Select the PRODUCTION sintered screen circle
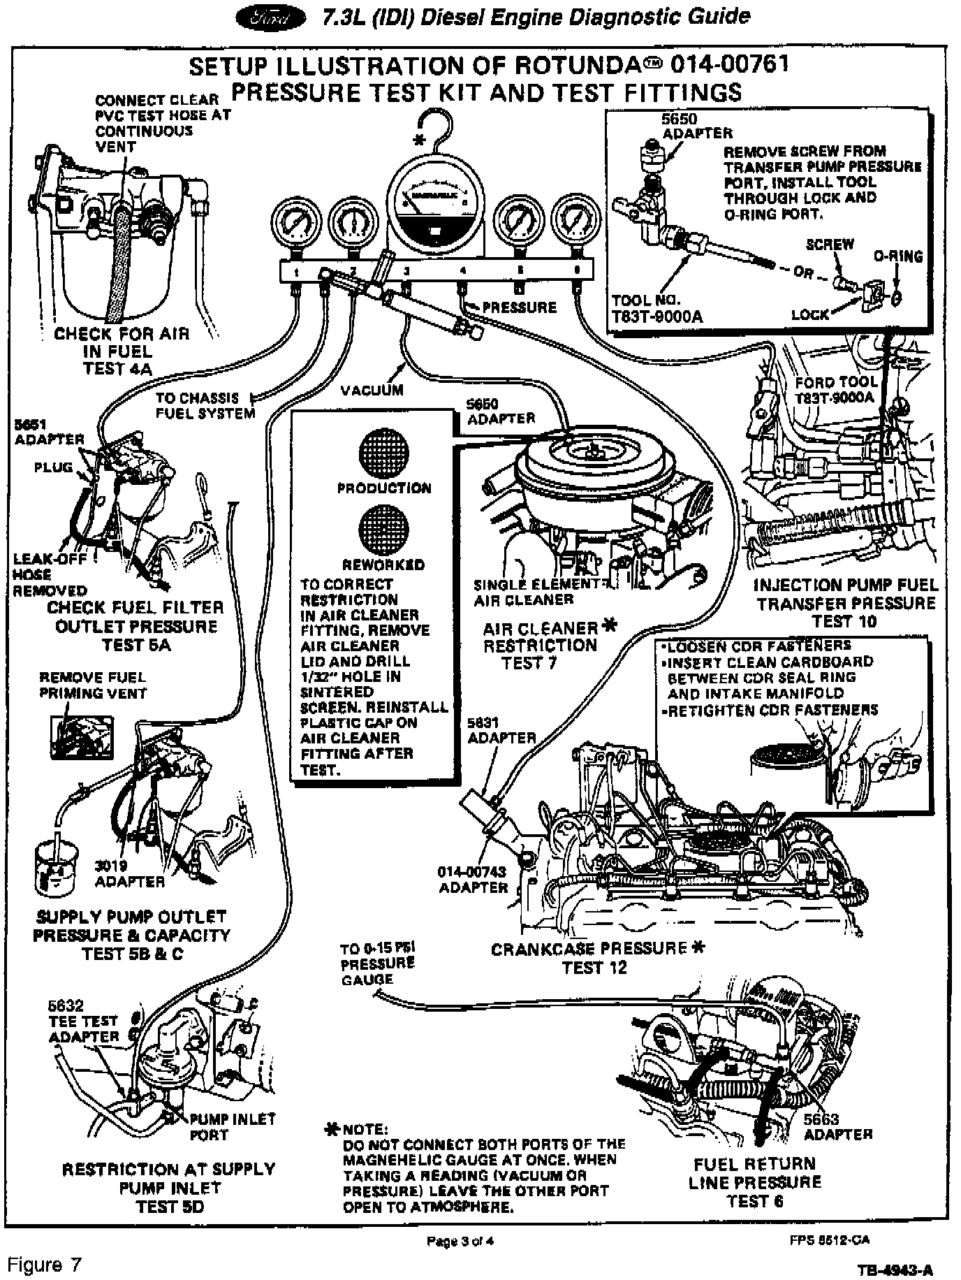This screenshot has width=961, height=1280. coord(383,453)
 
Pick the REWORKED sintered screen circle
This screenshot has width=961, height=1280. coord(383,530)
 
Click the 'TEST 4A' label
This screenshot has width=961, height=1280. coord(117,369)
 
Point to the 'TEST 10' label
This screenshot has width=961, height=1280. coord(845,621)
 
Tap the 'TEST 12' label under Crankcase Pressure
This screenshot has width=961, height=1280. coord(594,968)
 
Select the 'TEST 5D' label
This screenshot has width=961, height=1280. coord(170,1207)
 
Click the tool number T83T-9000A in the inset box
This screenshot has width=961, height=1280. coord(656,309)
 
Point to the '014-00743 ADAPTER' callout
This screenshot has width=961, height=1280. coord(473,880)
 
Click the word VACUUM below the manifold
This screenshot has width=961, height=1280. coord(372,391)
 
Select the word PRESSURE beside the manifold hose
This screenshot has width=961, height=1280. coord(519,307)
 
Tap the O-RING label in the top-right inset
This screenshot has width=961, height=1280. coord(898,256)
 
